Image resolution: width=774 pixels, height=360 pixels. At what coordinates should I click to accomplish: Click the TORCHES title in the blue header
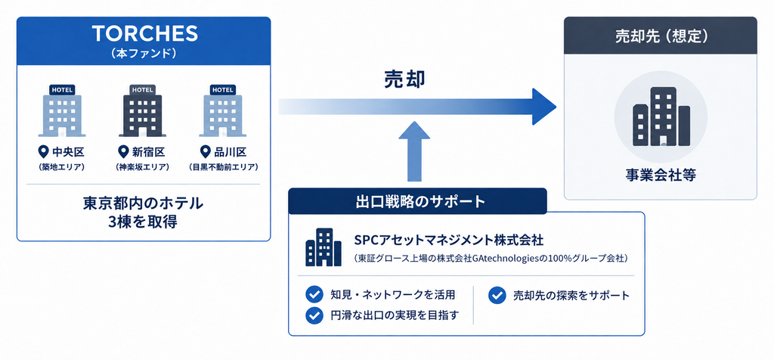tap(144, 33)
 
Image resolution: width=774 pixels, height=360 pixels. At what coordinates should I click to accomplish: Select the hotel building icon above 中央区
tap(62, 110)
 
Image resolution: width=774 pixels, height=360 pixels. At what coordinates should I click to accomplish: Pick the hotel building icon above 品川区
tap(223, 110)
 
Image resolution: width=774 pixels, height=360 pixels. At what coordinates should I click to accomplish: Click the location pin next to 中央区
tap(43, 151)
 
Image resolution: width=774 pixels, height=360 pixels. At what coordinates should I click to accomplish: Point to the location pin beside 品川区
tap(205, 151)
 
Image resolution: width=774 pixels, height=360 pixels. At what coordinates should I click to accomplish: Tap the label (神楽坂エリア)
tap(143, 167)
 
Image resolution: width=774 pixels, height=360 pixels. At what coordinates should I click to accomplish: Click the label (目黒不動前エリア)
tap(223, 167)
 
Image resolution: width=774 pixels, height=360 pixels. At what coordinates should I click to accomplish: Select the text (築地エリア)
tap(62, 167)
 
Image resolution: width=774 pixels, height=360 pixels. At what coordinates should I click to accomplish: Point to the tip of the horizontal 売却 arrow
tap(556, 107)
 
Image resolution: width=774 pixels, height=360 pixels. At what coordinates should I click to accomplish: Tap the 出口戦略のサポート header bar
tap(417, 201)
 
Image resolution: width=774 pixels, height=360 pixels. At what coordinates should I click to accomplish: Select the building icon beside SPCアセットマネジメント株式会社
tap(324, 247)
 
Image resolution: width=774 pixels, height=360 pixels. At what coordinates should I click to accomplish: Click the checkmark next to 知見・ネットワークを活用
tap(314, 295)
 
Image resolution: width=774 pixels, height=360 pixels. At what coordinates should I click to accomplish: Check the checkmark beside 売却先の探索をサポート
tap(497, 295)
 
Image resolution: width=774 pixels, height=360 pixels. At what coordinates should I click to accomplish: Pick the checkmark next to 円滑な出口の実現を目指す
tap(314, 315)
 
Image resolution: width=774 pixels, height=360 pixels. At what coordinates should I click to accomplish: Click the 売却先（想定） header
tap(661, 36)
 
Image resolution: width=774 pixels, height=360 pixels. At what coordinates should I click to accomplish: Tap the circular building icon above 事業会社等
tap(661, 117)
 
